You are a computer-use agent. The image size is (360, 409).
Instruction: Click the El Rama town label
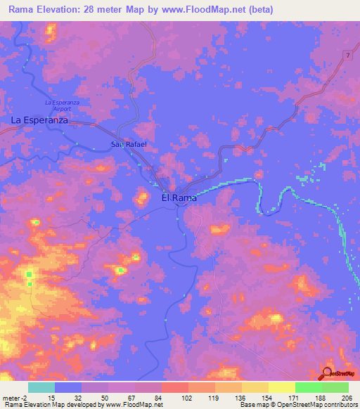click(x=179, y=198)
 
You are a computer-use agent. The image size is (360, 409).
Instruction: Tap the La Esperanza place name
click(x=39, y=121)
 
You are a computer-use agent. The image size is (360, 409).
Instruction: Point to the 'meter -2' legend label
click(x=15, y=397)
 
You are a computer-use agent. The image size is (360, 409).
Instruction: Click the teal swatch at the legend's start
click(x=41, y=387)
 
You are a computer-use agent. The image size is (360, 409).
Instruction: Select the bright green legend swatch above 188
click(x=309, y=387)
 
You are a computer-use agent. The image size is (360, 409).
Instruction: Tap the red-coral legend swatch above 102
click(x=175, y=387)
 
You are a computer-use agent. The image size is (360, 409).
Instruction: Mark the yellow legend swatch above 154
click(x=255, y=387)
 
